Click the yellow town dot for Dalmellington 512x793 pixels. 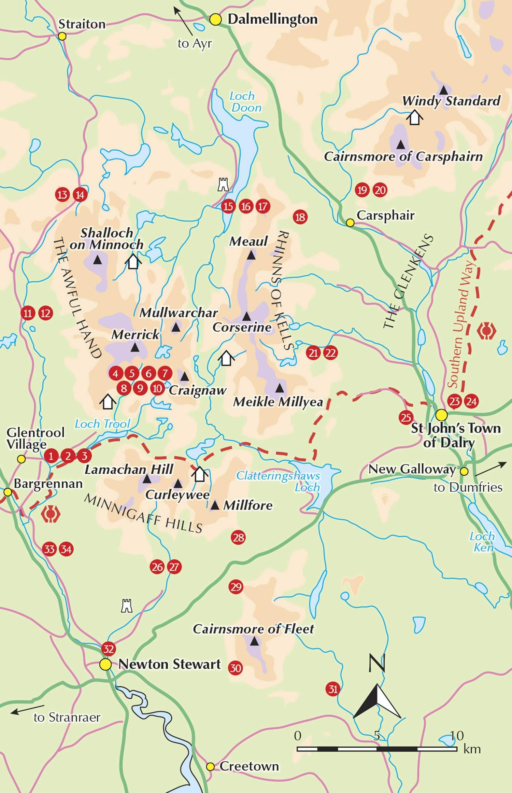pos(215,19)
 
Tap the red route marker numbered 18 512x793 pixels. pos(300,217)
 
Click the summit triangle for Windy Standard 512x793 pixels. pos(443,90)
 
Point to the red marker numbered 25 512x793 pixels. pos(406,417)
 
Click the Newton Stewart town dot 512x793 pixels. pos(105,664)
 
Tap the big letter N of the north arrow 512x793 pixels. pos(377,663)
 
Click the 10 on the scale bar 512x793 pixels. pos(456,735)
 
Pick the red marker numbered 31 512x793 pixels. pos(333,689)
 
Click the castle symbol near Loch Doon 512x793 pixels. pos(223,184)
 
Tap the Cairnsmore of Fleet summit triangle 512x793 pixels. pos(254,642)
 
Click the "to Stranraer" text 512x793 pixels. pos(67,718)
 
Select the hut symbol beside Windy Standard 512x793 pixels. pos(414,117)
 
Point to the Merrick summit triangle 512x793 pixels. pos(135,348)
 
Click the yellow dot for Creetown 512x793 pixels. pos(211,767)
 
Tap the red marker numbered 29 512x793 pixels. pos(236,587)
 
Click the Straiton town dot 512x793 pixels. pos(62,36)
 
